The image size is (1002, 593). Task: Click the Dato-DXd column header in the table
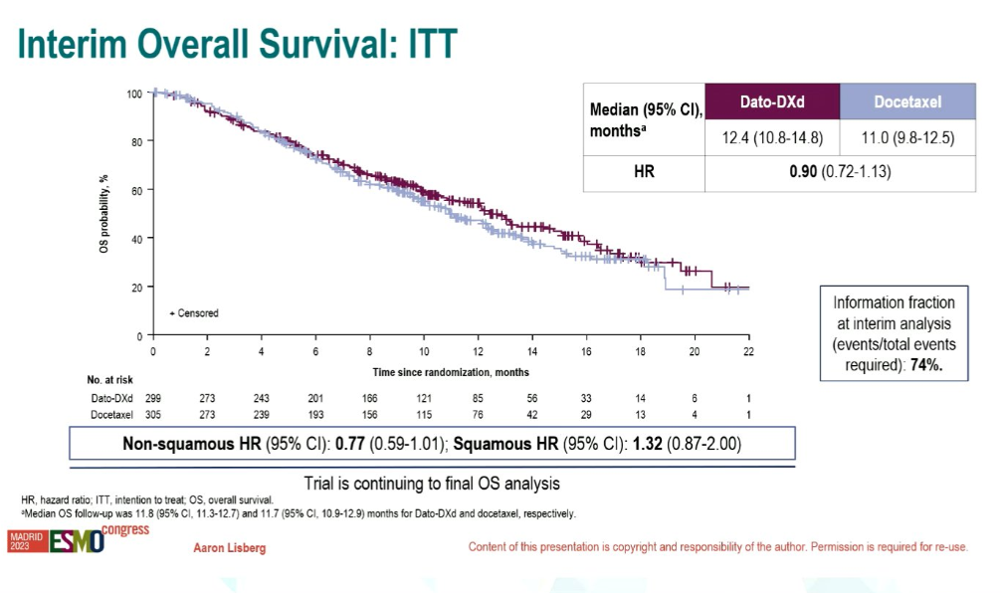(x=772, y=101)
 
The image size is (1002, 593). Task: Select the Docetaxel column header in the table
(x=907, y=101)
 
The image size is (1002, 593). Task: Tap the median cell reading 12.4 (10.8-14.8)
(x=772, y=138)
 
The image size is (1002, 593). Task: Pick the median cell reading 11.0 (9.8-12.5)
(x=907, y=138)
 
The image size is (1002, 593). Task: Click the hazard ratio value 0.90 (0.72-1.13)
(x=840, y=172)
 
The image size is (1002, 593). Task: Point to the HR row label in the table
(x=644, y=172)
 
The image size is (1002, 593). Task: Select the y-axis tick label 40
(x=137, y=239)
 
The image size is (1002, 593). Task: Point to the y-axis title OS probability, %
(x=103, y=214)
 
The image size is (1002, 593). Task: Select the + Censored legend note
(x=194, y=313)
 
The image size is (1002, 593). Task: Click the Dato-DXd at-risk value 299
(x=153, y=397)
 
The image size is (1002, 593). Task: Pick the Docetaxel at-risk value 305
(x=153, y=414)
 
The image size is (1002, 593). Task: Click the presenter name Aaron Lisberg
(x=229, y=548)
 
